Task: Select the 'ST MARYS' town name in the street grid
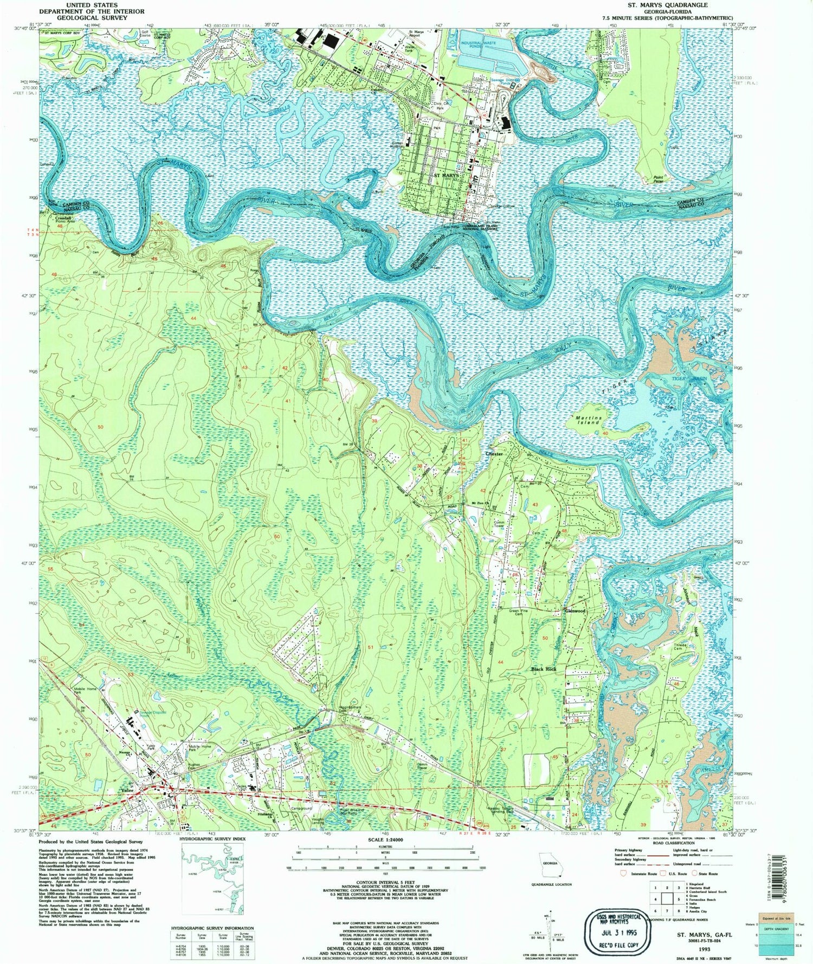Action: coord(447,176)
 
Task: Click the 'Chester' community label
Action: coord(494,453)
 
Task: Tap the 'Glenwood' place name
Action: coord(576,610)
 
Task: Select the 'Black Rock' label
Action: coord(544,670)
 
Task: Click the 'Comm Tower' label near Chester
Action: coord(499,525)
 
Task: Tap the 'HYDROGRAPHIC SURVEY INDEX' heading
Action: coord(212,839)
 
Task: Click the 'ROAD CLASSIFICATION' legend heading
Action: coord(673,843)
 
